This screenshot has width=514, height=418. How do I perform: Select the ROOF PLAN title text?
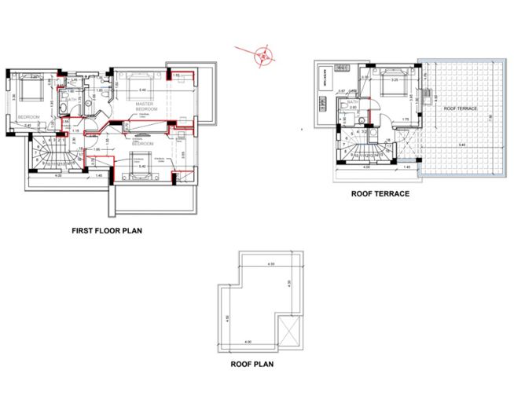click(252, 365)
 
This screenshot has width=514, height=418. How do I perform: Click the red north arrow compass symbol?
click(263, 55)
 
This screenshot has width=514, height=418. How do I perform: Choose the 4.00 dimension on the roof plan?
click(248, 342)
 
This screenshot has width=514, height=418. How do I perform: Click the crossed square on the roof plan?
click(288, 333)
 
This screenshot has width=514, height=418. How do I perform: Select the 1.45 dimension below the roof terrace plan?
click(406, 168)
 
